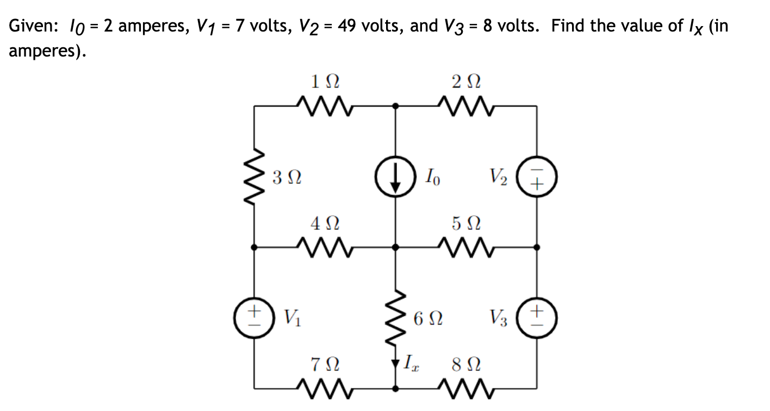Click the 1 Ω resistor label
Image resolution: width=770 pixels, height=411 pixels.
click(325, 82)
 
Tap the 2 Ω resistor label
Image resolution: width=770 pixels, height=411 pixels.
click(466, 82)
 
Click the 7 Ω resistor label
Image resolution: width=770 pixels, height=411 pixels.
click(325, 363)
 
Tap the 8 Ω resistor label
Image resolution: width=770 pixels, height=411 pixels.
click(466, 363)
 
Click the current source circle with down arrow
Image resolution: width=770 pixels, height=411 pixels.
click(395, 177)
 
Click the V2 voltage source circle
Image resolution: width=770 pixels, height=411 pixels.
click(537, 177)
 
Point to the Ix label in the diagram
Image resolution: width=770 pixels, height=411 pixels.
click(412, 362)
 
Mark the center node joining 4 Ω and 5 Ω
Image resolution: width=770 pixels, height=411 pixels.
click(395, 247)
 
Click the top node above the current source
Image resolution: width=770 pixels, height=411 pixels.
click(395, 107)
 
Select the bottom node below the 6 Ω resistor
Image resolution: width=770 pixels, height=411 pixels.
click(395, 388)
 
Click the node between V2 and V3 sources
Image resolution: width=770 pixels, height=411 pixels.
click(537, 247)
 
